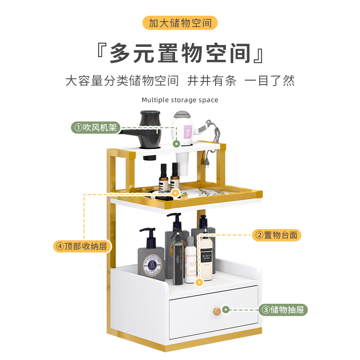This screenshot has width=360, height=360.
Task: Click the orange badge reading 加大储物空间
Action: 180,23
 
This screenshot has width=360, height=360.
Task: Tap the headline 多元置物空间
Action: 180,54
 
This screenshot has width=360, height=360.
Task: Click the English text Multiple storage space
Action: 180,100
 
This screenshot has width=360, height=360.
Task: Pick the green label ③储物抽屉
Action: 283,310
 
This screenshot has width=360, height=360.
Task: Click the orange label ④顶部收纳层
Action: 82,246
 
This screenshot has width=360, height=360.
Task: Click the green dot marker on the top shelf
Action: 176,144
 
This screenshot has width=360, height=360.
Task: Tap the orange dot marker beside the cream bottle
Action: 200,283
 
